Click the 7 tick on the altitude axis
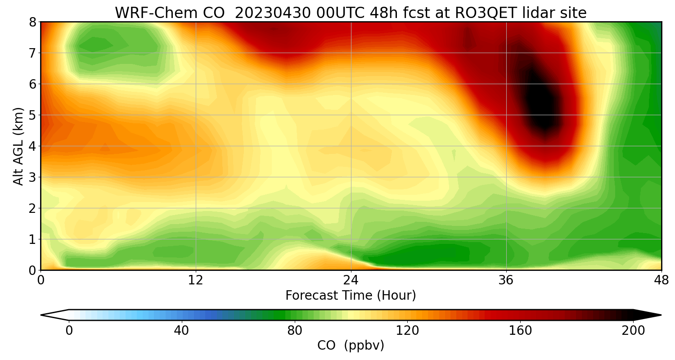click(33, 53)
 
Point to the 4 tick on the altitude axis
click(33, 146)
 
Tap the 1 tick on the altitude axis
click(33, 239)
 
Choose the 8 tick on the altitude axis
click(33, 22)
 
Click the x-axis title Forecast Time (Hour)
click(351, 296)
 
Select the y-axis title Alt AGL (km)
click(18, 146)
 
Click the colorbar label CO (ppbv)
click(351, 346)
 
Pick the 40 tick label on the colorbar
click(181, 331)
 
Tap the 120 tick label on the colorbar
click(407, 331)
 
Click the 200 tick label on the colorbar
click(633, 331)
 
